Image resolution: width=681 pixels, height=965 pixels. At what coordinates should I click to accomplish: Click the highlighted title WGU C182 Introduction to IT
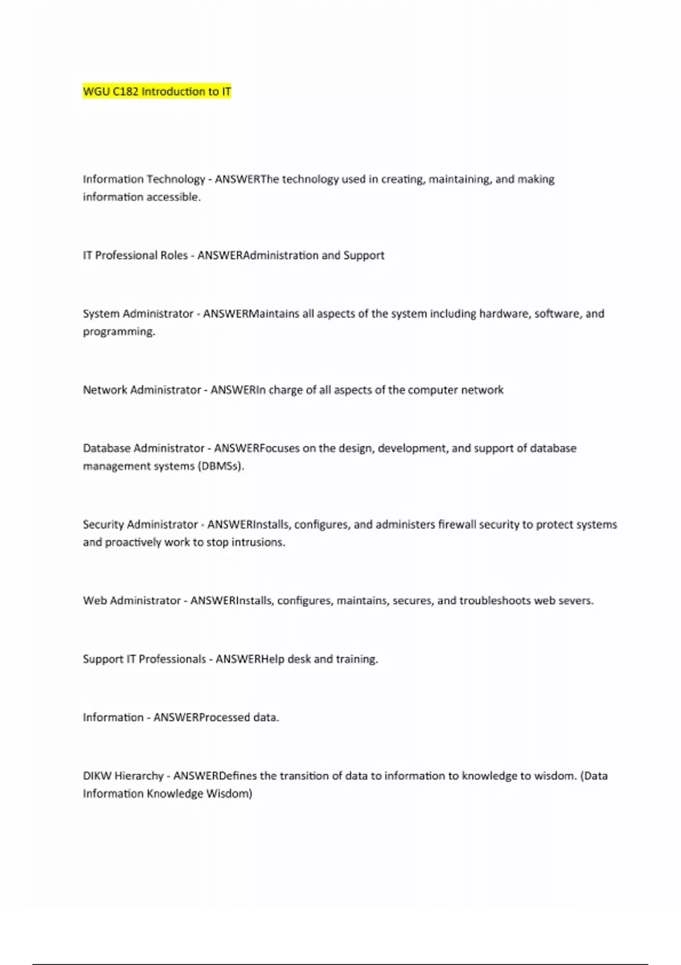(157, 91)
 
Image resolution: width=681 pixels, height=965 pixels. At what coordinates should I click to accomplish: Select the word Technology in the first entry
(175, 179)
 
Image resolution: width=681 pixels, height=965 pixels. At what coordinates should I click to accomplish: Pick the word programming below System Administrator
(119, 332)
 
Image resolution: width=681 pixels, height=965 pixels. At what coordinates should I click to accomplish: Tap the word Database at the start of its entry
(106, 448)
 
